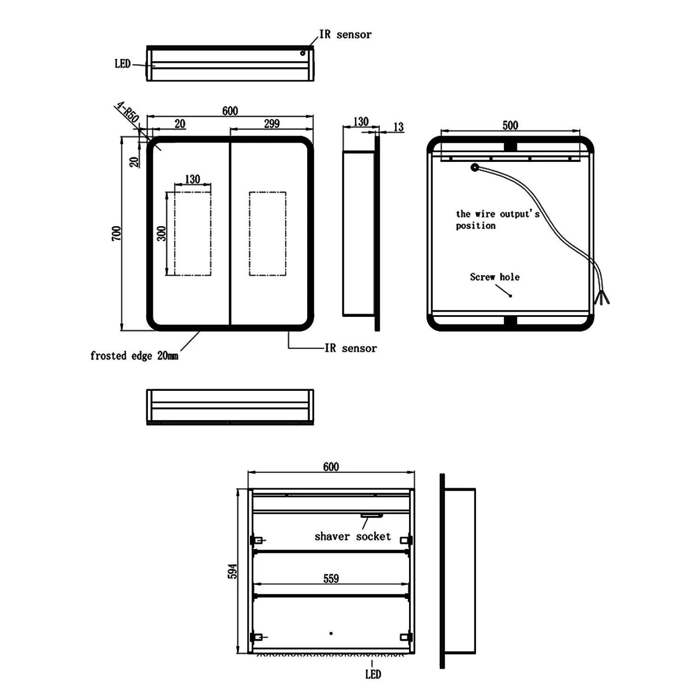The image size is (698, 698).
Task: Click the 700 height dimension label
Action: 116,233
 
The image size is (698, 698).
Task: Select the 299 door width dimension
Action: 272,123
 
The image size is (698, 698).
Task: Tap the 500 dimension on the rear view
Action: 510,125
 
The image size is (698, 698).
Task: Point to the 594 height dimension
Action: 232,571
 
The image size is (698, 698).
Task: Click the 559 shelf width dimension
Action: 331,578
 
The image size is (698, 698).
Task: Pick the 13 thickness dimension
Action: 398,127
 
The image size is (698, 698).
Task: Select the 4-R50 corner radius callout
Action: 128,113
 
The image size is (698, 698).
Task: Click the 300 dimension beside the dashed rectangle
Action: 161,233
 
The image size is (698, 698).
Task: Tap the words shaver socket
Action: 352,537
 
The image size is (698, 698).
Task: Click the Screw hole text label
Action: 494,277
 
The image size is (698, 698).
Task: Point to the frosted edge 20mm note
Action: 134,356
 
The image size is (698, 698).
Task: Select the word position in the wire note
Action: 476,226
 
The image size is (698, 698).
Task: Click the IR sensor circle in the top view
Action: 302,53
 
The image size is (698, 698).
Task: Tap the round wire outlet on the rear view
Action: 475,168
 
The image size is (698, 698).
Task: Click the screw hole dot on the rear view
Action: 510,295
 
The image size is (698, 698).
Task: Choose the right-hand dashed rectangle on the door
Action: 267,234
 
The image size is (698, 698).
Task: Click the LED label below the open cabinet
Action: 373,674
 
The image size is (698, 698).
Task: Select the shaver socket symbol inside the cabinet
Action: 372,516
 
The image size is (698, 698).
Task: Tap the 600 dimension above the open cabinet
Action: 331,467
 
